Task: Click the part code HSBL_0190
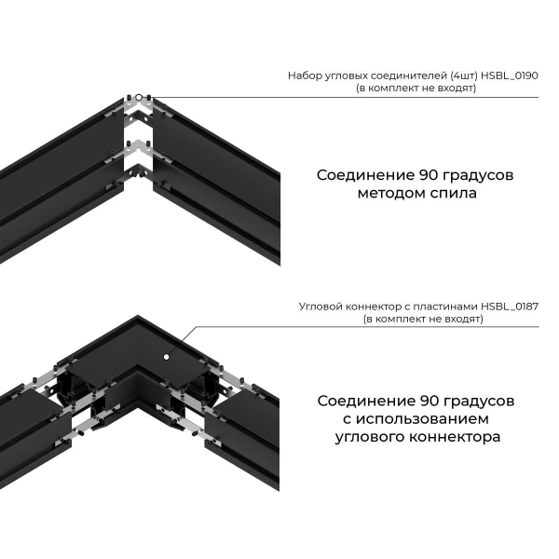(x=512, y=75)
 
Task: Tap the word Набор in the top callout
(x=307, y=75)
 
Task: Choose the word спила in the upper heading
(x=450, y=195)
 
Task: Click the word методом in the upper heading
(x=389, y=195)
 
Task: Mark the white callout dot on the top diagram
(x=139, y=97)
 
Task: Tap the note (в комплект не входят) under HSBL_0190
(x=415, y=88)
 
